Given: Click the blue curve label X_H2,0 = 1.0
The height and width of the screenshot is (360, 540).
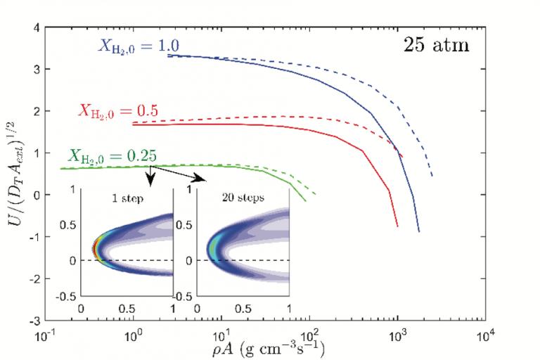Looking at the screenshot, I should point(138,46).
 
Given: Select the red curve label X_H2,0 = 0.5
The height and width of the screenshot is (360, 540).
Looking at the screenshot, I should point(117,110).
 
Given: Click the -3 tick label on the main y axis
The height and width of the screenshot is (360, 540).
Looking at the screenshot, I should point(32,321).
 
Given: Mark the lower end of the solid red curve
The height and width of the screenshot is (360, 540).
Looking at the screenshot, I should point(398,226).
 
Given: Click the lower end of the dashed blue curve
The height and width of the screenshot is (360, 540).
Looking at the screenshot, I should point(432,176).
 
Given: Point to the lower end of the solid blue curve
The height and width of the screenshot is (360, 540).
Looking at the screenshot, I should point(419,231).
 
